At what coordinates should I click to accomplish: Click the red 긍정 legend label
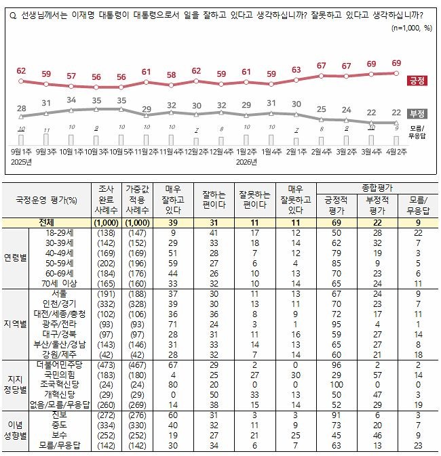[418, 80]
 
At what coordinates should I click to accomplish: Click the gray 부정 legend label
[418, 113]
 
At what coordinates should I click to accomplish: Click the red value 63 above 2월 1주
[296, 70]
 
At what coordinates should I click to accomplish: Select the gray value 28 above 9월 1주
[22, 109]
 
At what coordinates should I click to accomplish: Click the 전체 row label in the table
[47, 222]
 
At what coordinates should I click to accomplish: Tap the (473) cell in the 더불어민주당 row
[107, 365]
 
